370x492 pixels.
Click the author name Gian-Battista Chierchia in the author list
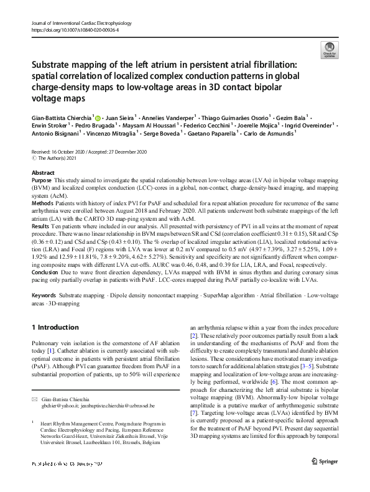(57, 118)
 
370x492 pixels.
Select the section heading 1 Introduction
(57, 327)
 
